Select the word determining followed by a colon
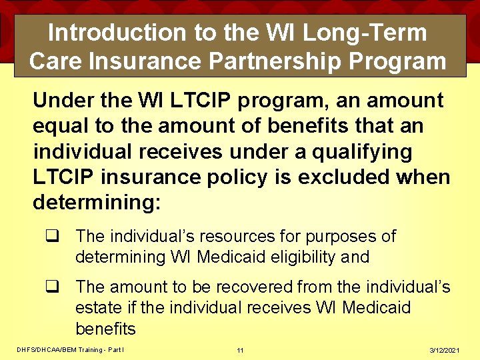tap(97, 203)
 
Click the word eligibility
tap(303, 257)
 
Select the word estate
tap(95, 308)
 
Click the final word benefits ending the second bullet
tap(105, 329)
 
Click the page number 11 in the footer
tap(240, 350)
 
